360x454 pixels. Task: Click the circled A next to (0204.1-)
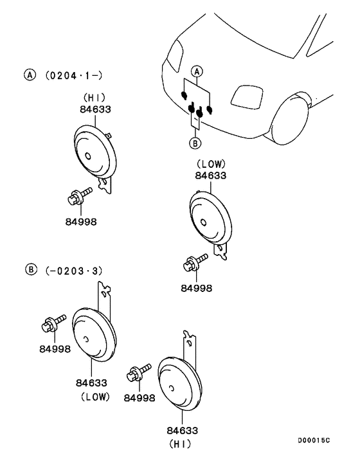pos(30,75)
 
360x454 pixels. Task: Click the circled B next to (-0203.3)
pos(32,269)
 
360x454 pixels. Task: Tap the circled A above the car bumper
pos(197,71)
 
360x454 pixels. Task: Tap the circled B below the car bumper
pos(195,143)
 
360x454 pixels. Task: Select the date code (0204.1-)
pos(74,76)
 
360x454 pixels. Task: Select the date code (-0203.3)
pos(74,271)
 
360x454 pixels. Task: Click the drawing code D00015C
pos(314,440)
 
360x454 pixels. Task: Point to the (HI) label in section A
pos(94,98)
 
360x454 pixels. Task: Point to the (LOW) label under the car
pos(211,164)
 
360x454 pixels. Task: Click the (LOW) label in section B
pos(96,396)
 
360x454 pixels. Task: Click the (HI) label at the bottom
pos(180,444)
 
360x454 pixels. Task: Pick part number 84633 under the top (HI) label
pos(95,109)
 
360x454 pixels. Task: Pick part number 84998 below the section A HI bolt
pos(81,222)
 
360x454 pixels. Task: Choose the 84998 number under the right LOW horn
pos(197,288)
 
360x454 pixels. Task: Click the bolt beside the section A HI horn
pos(79,195)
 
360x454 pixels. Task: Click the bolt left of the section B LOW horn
pos(53,323)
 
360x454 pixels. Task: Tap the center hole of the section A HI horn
pos(88,156)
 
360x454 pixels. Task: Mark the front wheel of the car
pos(291,120)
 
